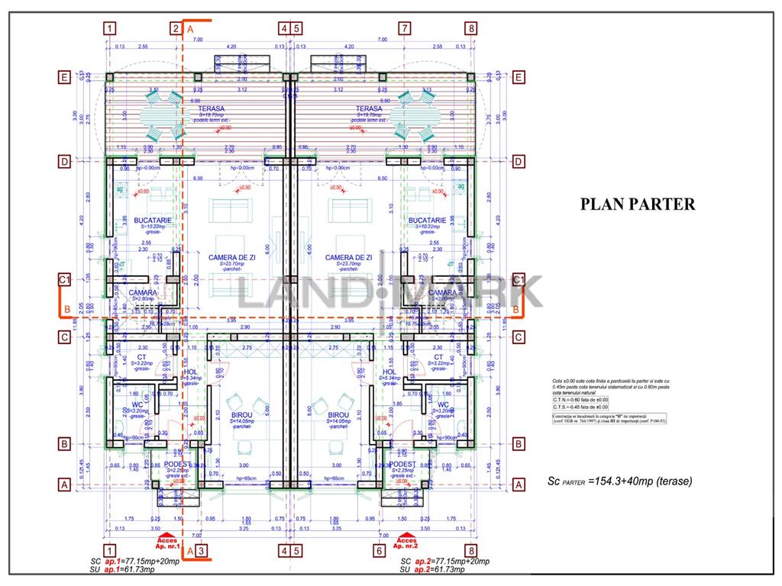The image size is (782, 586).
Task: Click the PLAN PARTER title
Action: tap(638, 204)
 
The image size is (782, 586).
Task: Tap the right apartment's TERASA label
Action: tap(368, 109)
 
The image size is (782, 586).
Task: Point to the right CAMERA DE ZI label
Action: tap(349, 258)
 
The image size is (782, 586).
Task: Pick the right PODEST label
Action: tap(402, 464)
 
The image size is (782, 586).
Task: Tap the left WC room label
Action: tap(137, 405)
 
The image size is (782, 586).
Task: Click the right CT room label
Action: tap(438, 357)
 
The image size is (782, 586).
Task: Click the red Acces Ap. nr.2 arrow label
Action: tap(406, 543)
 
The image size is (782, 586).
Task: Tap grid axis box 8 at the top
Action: tap(471, 29)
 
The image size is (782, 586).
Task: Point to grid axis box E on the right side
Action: tap(519, 77)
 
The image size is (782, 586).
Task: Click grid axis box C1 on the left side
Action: tap(65, 281)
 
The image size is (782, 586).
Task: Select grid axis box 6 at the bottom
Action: tap(379, 550)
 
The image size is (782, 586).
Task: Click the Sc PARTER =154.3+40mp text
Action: tap(619, 481)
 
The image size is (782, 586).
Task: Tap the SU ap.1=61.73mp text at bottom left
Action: tap(122, 569)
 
